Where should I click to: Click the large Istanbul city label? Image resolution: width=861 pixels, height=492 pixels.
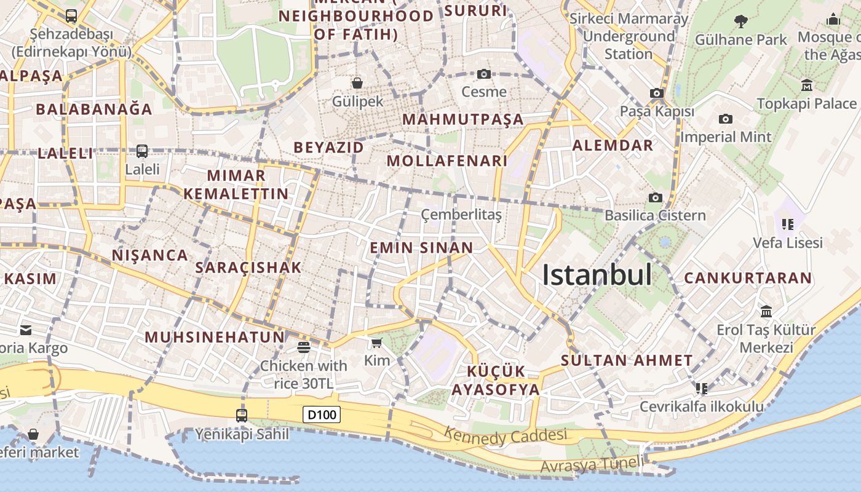tap(597, 275)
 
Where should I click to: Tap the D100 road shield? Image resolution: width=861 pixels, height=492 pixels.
tap(322, 415)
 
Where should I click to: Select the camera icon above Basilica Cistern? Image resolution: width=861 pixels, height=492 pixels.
tap(656, 197)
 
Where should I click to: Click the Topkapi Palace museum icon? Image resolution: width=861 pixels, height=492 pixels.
tap(807, 85)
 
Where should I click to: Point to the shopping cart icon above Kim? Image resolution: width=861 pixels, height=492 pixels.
tap(376, 343)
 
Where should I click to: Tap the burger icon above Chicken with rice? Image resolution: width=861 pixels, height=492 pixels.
tap(303, 347)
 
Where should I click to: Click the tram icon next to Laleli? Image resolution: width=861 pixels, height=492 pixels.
tap(142, 151)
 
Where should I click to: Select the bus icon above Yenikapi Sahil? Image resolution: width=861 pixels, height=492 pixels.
tap(242, 415)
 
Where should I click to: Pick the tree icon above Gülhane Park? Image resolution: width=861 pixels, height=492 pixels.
tap(741, 22)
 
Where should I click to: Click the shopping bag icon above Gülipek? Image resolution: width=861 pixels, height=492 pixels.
tap(357, 82)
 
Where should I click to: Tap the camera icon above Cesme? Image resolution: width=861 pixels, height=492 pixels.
tap(484, 74)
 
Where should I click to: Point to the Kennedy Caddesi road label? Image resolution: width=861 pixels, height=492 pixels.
tap(505, 436)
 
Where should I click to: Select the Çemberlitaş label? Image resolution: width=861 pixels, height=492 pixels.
tap(461, 215)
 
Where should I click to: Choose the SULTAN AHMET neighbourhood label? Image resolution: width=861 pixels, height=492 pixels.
tap(627, 360)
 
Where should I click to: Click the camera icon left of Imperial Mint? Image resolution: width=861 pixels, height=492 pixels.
tap(726, 119)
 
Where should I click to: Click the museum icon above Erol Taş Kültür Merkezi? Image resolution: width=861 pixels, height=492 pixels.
tap(766, 311)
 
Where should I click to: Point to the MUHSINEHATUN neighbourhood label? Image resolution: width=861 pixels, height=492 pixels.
tap(215, 337)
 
